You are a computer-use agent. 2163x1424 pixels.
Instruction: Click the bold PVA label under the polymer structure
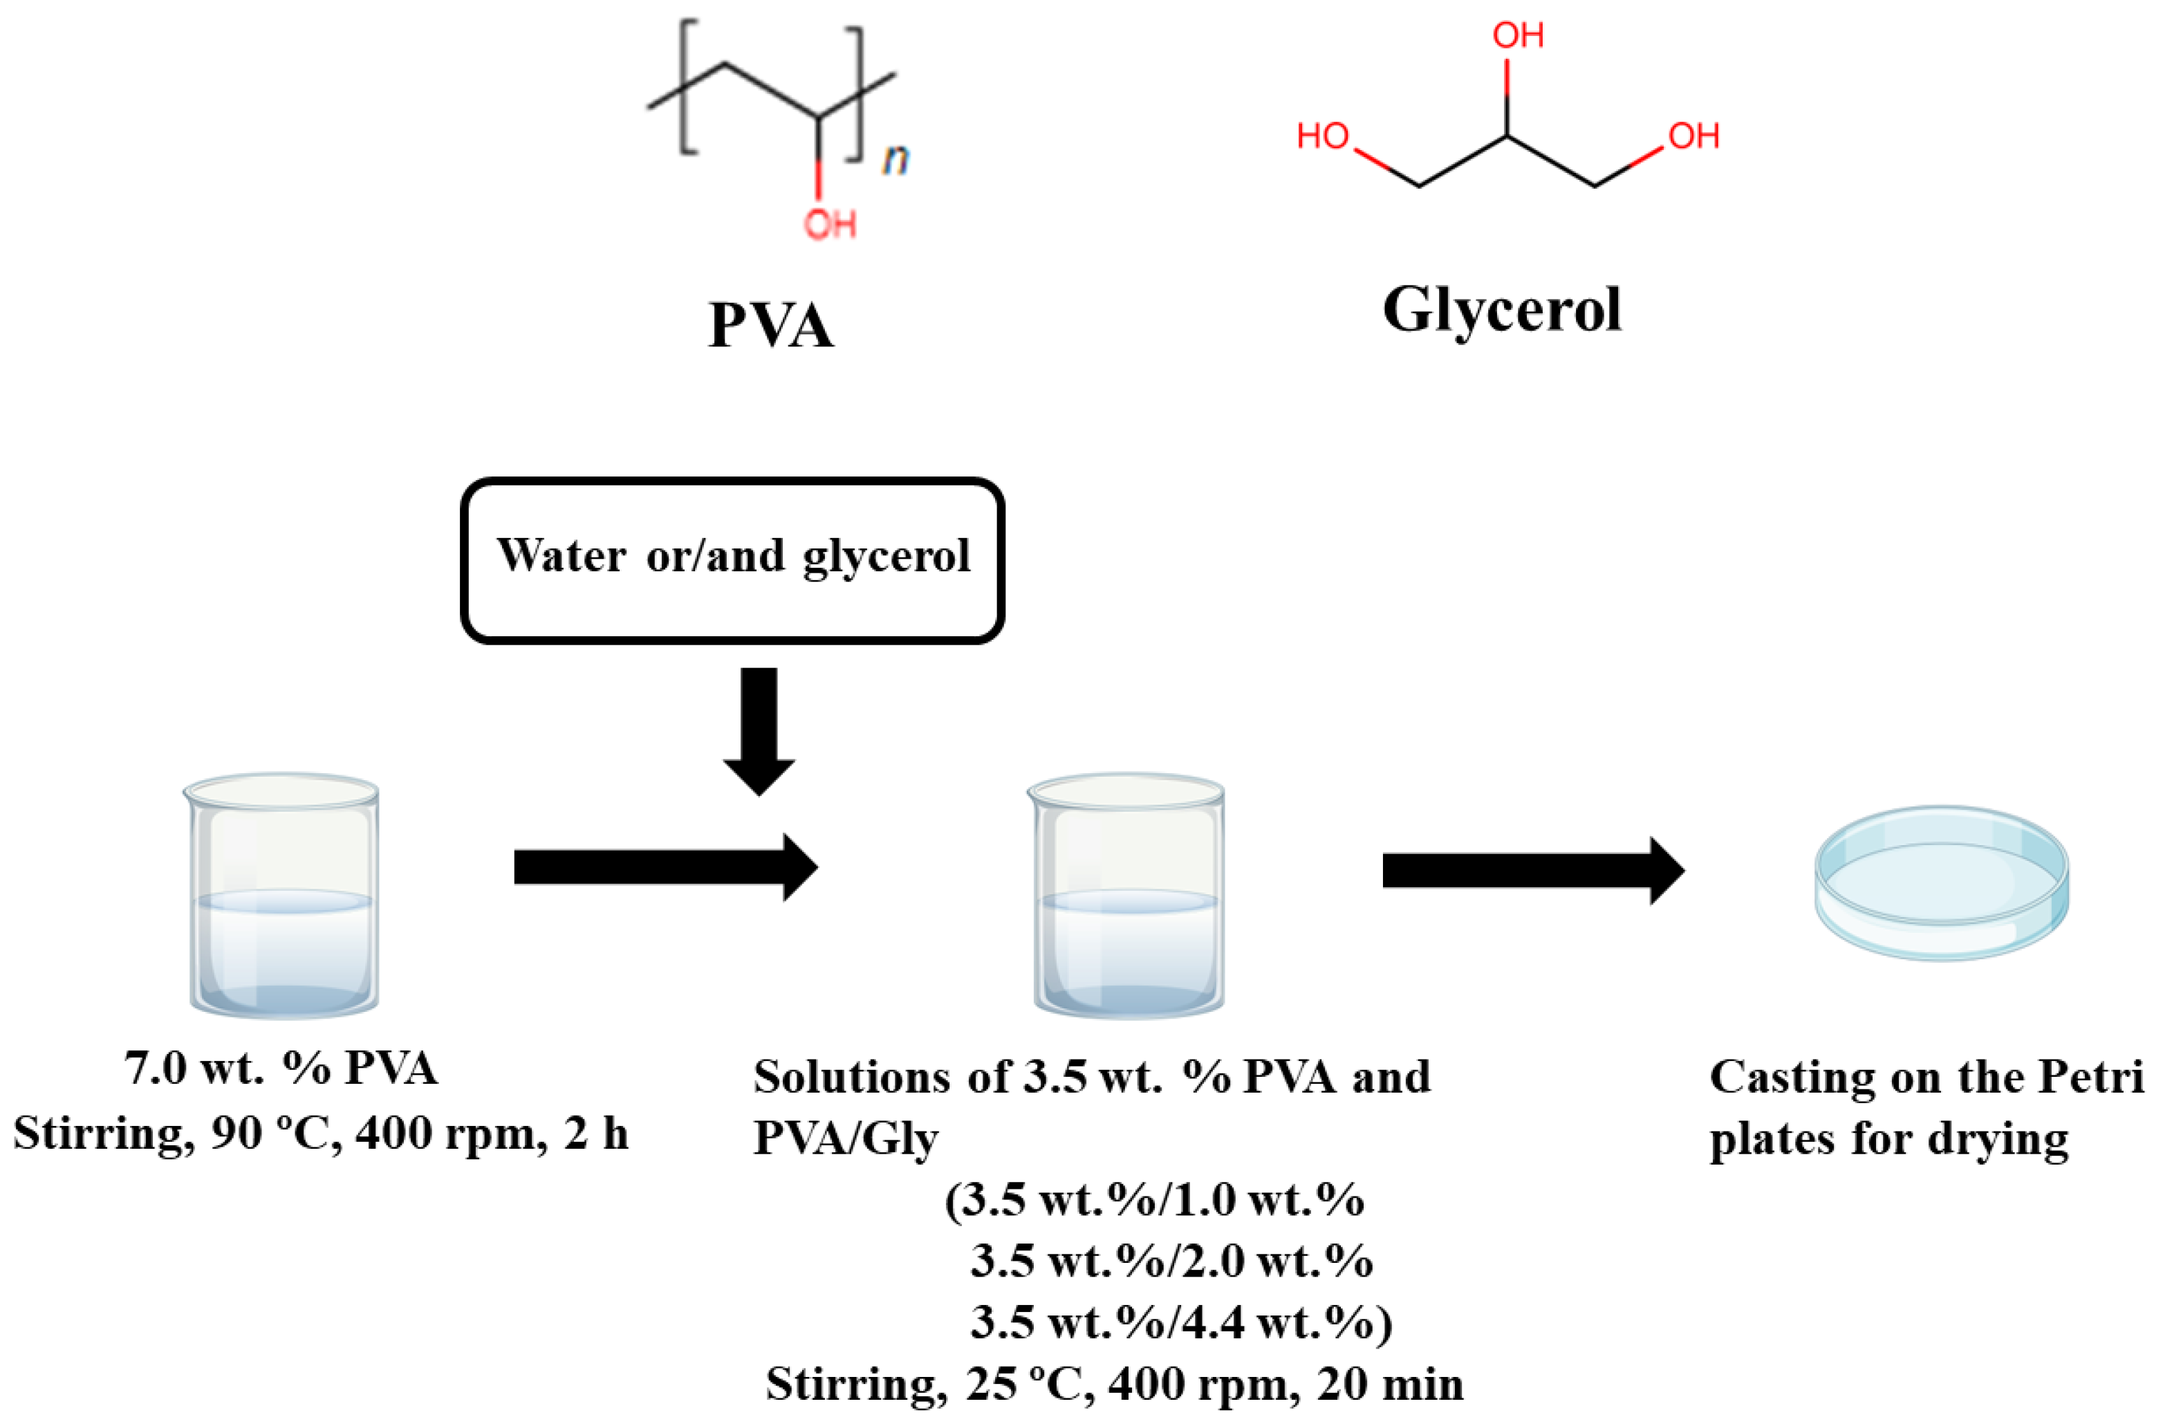coord(771,325)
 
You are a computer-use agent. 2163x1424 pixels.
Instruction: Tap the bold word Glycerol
coord(1501,311)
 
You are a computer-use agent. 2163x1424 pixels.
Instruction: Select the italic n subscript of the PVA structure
coord(895,159)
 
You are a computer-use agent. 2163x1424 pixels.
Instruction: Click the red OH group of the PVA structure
coord(830,223)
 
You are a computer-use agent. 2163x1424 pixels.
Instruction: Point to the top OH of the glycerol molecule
coord(1518,35)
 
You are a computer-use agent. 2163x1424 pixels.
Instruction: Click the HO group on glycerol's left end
coord(1322,136)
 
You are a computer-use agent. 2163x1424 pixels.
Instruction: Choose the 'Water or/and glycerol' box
coord(732,559)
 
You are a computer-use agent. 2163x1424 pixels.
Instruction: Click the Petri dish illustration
coord(1941,882)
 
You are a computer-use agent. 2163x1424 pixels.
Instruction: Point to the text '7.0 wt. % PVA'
coord(281,1069)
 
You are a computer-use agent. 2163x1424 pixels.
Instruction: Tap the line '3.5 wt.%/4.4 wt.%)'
coord(1180,1322)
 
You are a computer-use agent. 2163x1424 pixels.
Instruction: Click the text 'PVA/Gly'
coord(845,1137)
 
